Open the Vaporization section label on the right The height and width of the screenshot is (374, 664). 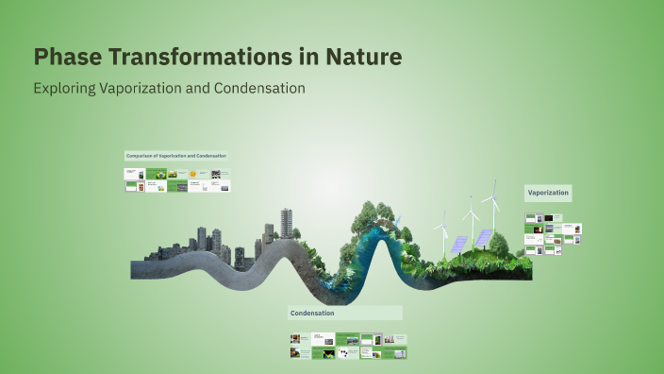point(548,193)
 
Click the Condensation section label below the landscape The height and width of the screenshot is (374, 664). point(312,313)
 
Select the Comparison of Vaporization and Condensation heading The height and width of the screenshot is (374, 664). point(175,155)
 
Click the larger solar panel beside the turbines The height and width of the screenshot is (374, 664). point(483,238)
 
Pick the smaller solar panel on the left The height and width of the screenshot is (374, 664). point(458,244)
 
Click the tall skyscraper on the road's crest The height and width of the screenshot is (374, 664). point(287,223)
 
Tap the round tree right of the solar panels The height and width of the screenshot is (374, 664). point(500,244)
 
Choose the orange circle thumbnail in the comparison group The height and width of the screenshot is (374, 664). point(192,175)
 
